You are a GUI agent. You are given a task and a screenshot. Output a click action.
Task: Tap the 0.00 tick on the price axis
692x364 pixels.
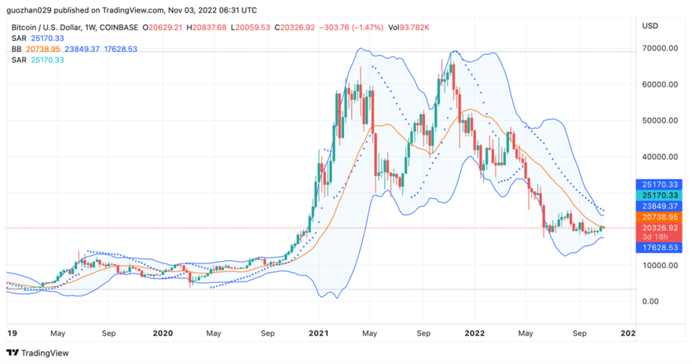651,301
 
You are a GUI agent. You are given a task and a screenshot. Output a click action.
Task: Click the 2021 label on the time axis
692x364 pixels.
318,333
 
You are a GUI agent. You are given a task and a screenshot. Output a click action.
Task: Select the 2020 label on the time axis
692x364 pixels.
163,333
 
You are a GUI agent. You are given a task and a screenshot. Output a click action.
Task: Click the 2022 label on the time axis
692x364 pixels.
474,333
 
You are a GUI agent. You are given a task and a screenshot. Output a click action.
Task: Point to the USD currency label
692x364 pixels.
650,26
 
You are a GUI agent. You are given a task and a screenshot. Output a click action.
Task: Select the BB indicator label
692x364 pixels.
17,49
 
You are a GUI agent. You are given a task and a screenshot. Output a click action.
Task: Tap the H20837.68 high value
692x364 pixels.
207,28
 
